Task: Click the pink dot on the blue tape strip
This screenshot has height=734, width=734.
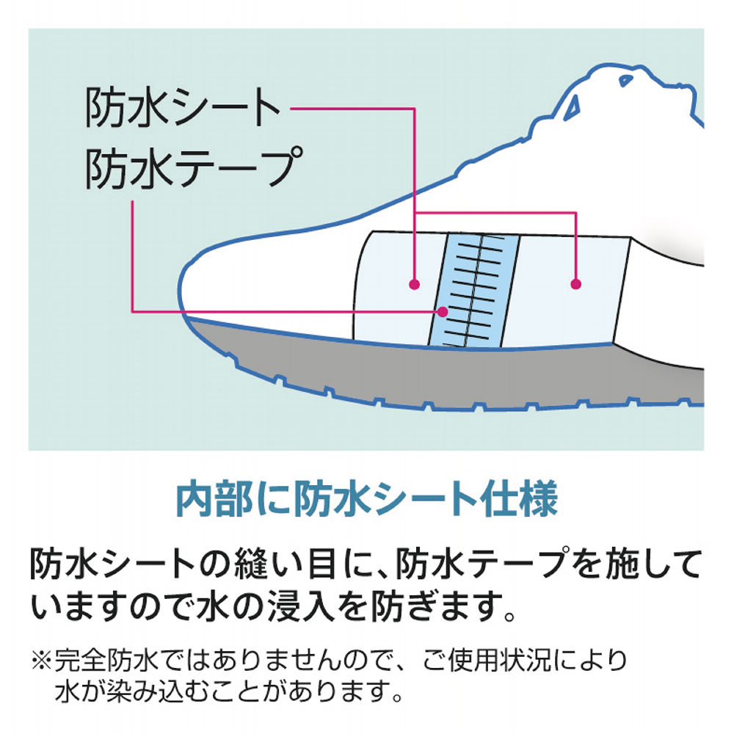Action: pos(442,310)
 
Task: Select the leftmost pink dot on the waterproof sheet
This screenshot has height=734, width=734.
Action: pos(415,283)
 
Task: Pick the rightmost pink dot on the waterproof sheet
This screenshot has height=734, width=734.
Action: pos(576,283)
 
